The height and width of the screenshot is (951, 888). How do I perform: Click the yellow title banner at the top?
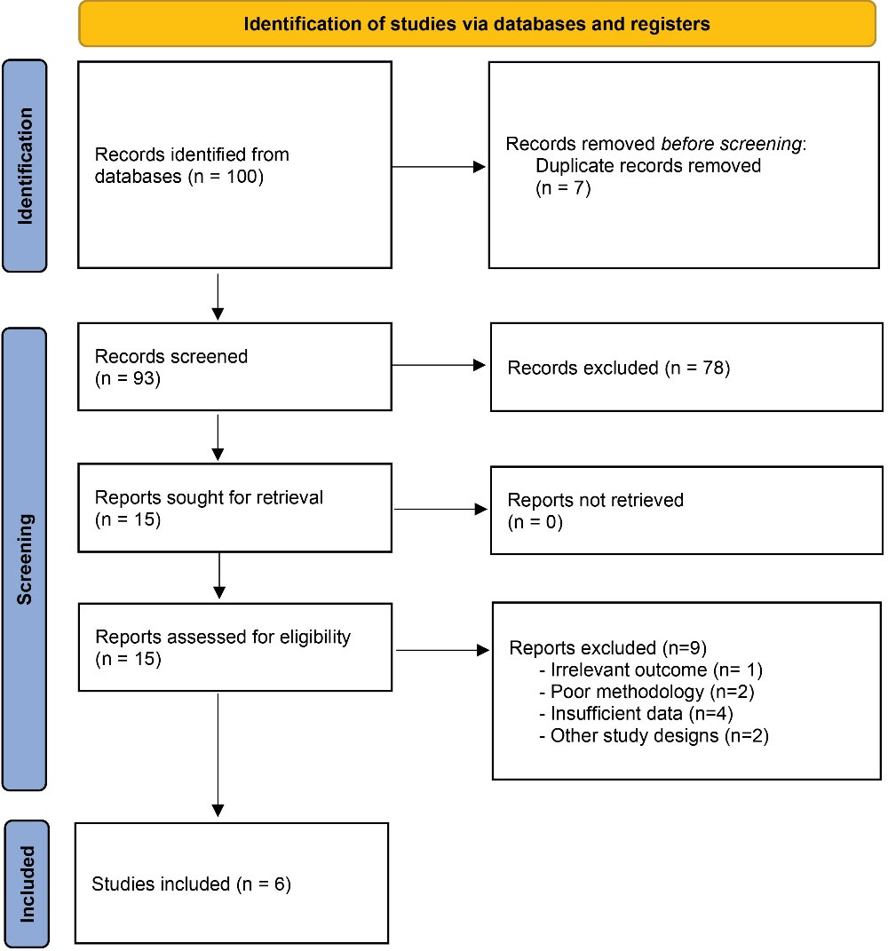point(477,24)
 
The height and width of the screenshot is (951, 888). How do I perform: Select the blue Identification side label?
point(25,165)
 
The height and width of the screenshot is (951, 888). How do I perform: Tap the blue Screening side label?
point(25,559)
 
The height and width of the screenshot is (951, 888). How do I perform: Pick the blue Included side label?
point(27,883)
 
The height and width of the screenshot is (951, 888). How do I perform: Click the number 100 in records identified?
point(244,177)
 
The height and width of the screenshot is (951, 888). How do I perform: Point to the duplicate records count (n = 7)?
point(563,188)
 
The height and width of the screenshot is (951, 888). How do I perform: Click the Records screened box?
point(234,367)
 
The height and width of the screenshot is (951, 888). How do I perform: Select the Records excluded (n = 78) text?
point(619,368)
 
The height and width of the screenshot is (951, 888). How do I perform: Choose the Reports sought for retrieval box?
point(234,508)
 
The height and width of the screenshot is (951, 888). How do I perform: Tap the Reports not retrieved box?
point(686,510)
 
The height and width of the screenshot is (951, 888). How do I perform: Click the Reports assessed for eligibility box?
point(235,647)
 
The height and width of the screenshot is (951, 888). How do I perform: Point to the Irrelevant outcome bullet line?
point(651,670)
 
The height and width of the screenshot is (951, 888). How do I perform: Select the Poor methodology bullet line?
point(646,692)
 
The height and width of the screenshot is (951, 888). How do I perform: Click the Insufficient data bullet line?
point(637,713)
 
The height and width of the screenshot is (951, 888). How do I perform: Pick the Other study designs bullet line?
point(654,736)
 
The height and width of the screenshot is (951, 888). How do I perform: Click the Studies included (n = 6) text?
point(191,884)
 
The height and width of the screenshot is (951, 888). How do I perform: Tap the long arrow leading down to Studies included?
point(218,755)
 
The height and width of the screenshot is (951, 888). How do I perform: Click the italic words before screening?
point(731,144)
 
